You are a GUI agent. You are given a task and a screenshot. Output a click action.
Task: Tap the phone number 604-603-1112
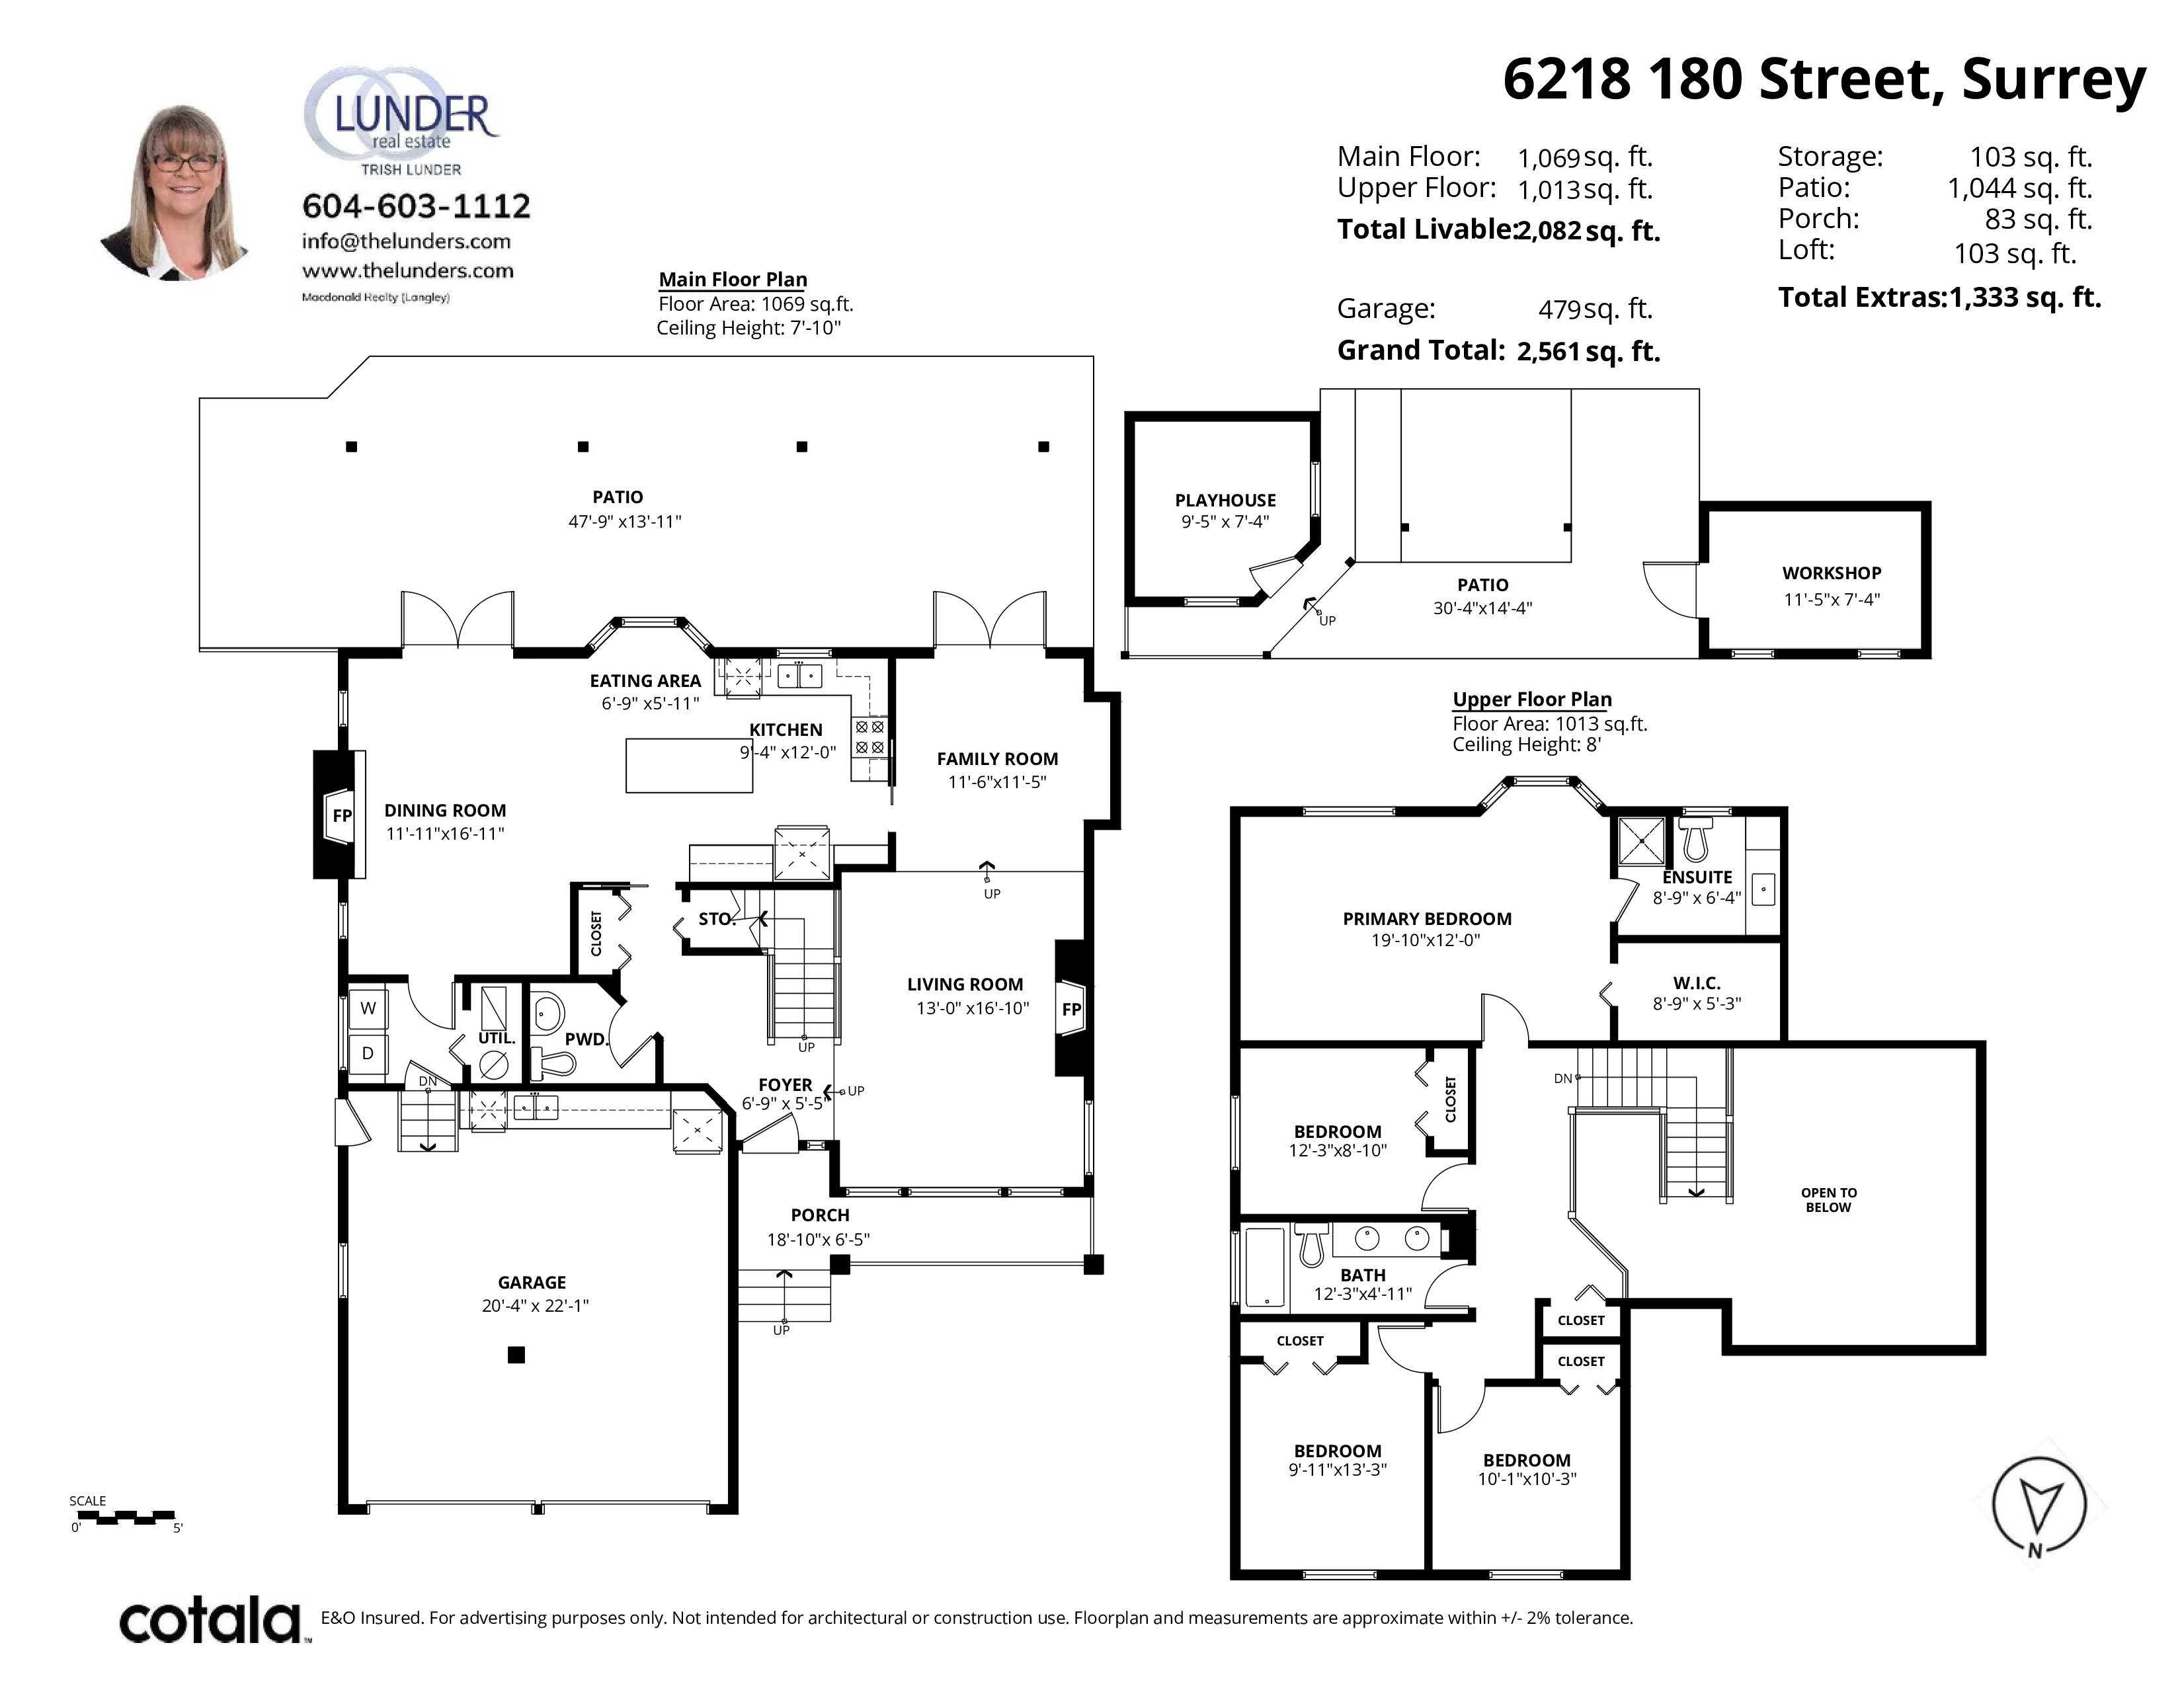click(416, 206)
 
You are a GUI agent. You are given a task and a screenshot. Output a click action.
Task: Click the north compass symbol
click(2038, 1504)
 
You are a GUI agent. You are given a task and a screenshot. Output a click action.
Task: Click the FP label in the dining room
click(342, 815)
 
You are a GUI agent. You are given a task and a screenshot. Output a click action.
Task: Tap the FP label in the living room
click(1071, 1009)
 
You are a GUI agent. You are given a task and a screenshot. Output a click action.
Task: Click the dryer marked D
click(368, 1053)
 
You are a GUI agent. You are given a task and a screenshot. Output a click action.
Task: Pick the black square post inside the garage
click(516, 1354)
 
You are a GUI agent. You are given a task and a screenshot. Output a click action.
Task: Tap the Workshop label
click(1832, 573)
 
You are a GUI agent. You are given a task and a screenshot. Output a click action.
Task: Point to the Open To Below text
click(1828, 1199)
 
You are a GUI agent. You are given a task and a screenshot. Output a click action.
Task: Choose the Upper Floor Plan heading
click(1531, 699)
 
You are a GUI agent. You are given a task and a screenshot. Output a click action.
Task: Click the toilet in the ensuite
click(1695, 839)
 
